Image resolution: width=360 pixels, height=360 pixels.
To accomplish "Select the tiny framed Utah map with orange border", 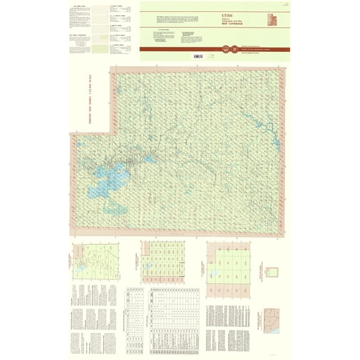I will tap(271, 272).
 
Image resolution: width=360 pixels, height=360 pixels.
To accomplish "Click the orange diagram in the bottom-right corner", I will tap(271, 319).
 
